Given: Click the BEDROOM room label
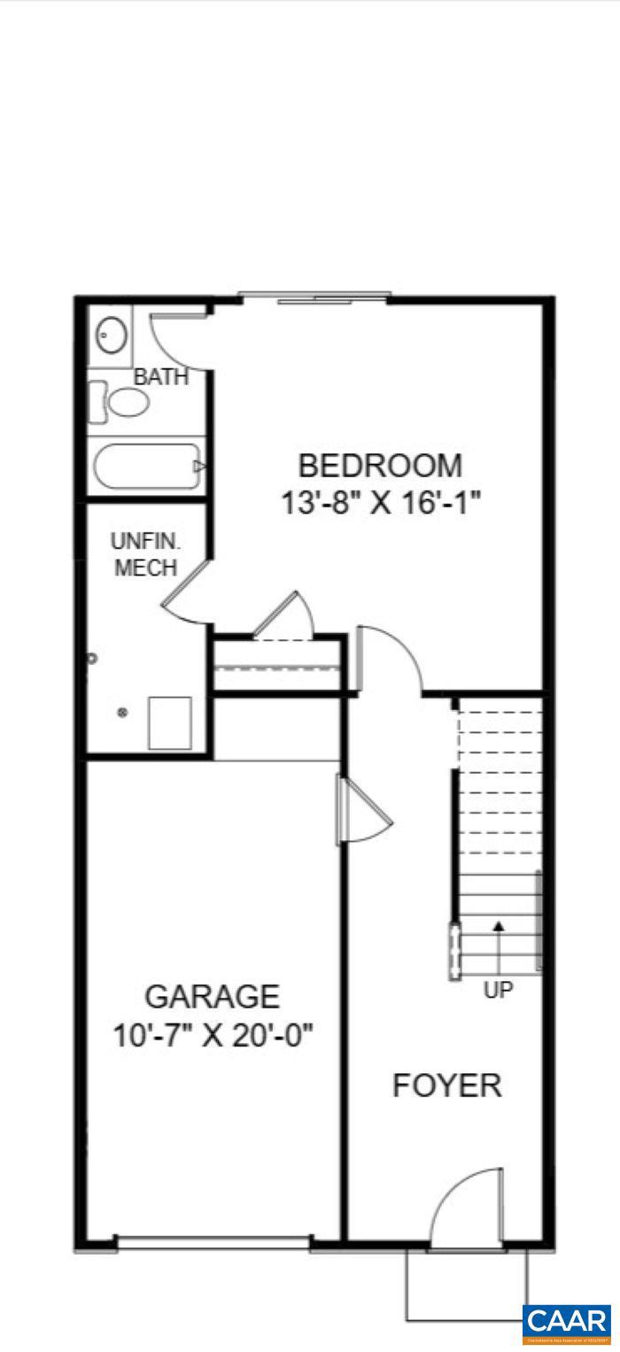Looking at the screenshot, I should (x=379, y=466).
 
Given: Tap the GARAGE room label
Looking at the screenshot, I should (x=212, y=997).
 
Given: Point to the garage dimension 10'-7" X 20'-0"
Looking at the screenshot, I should (x=213, y=1034).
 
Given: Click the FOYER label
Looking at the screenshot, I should (x=446, y=1085).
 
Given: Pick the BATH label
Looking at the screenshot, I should (x=161, y=377).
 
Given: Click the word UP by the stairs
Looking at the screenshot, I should (x=498, y=990).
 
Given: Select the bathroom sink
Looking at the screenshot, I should (x=112, y=336).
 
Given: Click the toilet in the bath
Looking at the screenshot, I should (x=121, y=403).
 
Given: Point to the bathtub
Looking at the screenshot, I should (x=149, y=466).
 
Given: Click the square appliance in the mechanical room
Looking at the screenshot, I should (x=170, y=722).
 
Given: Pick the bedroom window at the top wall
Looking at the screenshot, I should (x=314, y=298).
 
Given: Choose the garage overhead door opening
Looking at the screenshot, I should (x=213, y=1244).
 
